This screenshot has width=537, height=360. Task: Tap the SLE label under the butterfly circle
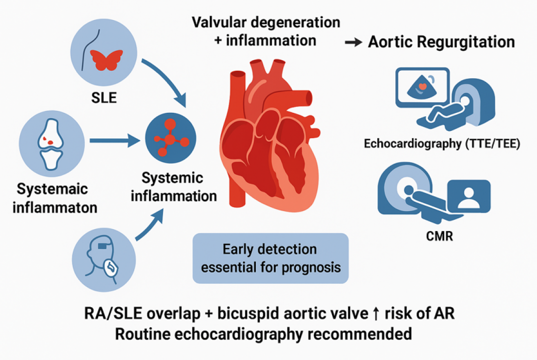(103, 97)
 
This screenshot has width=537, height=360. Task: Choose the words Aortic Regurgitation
(441, 42)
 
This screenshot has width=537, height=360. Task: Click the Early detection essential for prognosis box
(270, 258)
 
